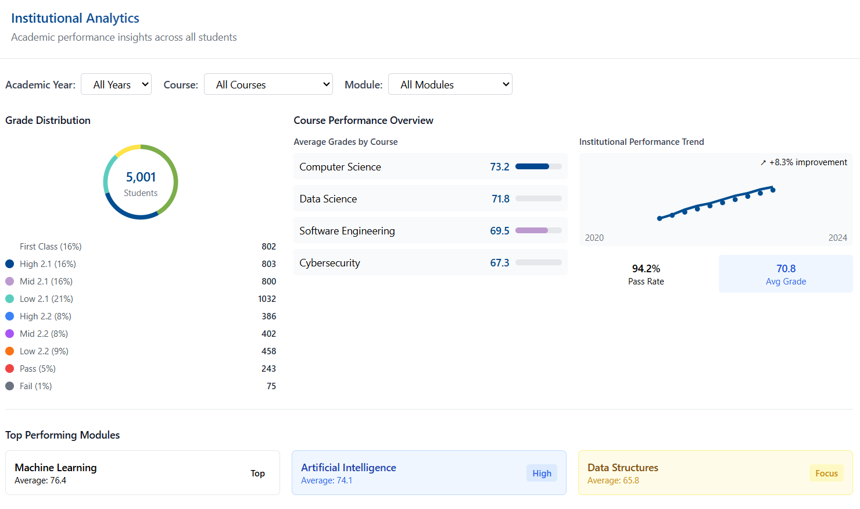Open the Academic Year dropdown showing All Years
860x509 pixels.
pos(116,84)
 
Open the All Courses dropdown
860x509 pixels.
pos(268,84)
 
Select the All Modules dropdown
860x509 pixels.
pos(450,84)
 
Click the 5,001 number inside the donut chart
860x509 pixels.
pos(141,177)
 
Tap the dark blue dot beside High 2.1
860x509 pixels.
pos(9,264)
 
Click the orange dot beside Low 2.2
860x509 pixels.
pos(9,351)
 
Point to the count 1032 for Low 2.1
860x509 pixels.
pos(267,299)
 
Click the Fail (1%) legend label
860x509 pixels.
pos(35,386)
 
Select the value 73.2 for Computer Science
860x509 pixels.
pos(499,167)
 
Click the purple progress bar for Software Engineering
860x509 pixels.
pos(532,231)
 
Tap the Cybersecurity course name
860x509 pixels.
pos(329,263)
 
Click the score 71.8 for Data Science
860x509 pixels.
pos(500,199)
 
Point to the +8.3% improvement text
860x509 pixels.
pos(808,162)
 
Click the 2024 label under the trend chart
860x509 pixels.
pos(837,238)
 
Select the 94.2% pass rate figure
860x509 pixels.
pos(646,269)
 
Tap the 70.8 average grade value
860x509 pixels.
pos(786,269)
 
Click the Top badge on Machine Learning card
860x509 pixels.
pos(257,474)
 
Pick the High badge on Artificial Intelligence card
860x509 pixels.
pos(542,474)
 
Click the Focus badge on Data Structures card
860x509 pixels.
pos(826,474)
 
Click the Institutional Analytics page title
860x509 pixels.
pos(75,18)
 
